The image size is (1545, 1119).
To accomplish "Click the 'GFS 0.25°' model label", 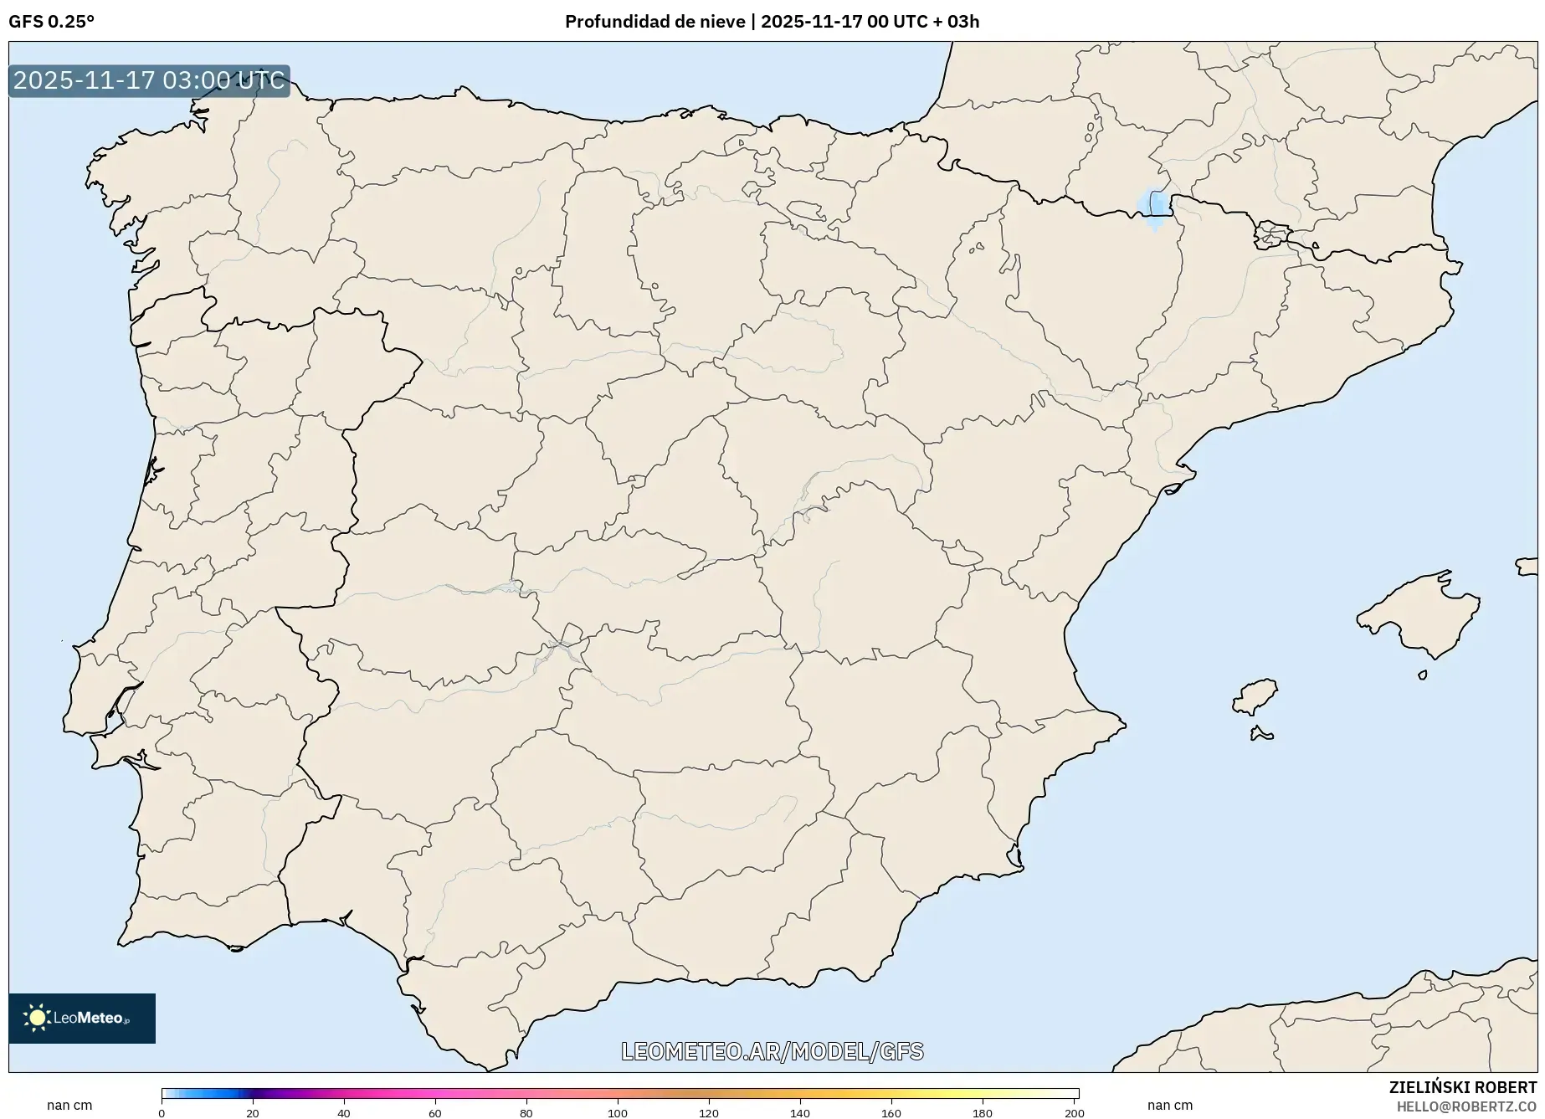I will click(51, 22).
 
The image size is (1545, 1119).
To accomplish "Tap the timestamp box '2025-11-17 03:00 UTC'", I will click(149, 80).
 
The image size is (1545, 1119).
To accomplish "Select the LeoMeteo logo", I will click(82, 1018).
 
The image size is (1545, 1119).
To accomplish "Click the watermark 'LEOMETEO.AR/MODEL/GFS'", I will click(772, 1051).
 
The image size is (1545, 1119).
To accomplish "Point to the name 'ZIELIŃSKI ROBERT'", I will click(1462, 1087).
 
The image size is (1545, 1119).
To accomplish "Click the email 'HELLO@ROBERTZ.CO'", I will click(1466, 1106).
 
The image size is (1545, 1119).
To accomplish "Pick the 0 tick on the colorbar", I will click(162, 1113).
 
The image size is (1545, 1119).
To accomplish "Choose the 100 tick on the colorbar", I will click(618, 1113).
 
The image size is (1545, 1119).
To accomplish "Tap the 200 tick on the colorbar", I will click(1074, 1113).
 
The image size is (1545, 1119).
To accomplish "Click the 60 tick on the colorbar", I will click(435, 1113).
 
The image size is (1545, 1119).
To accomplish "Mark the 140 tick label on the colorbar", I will click(799, 1113).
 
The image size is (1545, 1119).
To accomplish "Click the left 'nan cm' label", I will click(69, 1106).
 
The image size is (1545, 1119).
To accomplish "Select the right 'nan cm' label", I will click(1170, 1106).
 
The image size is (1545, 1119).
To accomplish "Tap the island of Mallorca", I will click(1419, 615).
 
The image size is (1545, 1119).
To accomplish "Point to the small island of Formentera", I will click(1260, 735).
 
